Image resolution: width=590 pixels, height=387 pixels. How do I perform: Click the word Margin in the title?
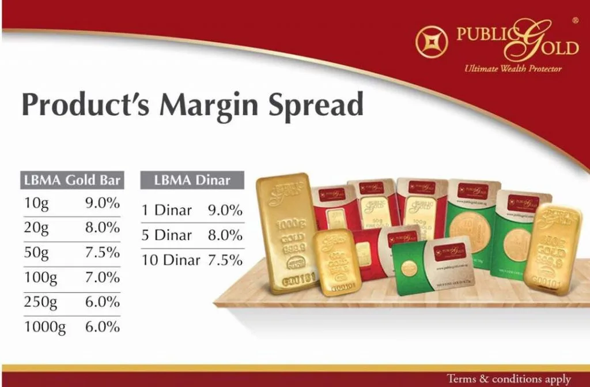217,105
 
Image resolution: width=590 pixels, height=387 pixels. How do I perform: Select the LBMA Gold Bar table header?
72,179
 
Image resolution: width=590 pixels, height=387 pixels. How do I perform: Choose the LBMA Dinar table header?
192,179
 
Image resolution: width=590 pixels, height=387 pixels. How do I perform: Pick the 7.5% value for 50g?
103,253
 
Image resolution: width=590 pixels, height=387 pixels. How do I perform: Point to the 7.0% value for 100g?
103,277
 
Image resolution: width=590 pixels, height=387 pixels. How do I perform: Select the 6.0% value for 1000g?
103,327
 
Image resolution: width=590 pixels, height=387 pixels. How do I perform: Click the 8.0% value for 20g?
103,228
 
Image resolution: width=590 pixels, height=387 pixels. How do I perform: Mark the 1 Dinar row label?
167,211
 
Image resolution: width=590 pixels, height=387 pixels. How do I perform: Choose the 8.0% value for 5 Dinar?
225,235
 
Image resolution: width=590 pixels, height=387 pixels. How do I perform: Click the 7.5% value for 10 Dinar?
225,260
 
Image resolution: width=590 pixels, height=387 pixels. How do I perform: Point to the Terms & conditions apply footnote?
509,379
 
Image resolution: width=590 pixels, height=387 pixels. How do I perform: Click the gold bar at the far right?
552,248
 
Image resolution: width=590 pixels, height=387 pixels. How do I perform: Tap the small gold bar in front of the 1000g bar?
337,262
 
